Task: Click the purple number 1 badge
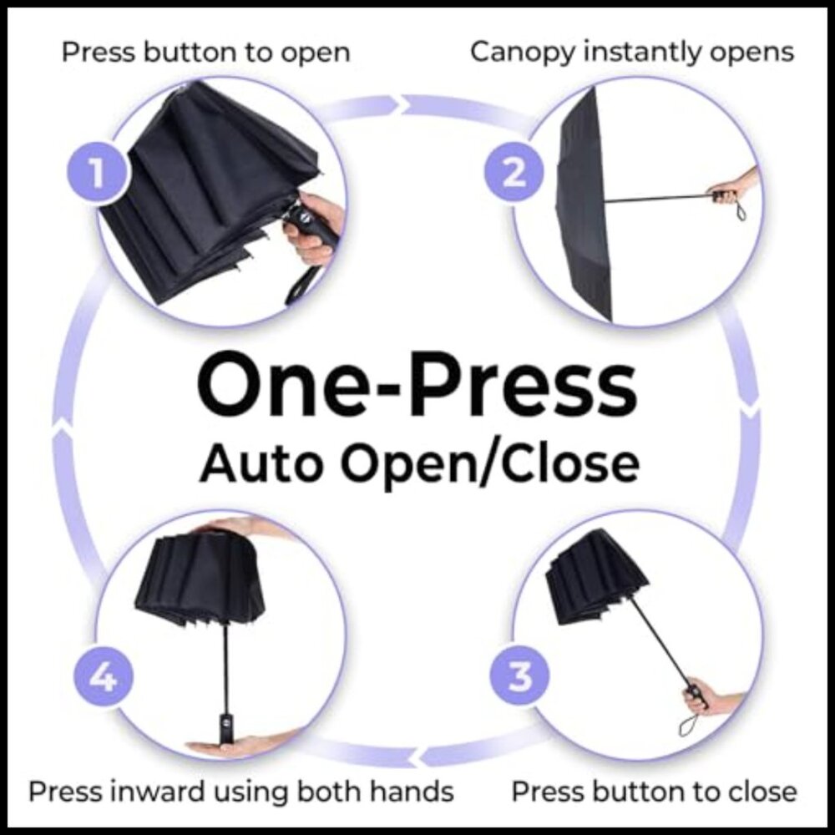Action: point(98,175)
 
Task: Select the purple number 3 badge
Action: point(519,676)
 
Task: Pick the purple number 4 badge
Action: point(103,676)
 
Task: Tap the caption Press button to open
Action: point(205,53)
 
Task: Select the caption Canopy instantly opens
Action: point(631,52)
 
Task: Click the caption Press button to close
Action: point(654,790)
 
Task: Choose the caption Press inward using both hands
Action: point(241,791)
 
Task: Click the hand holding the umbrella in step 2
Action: point(735,190)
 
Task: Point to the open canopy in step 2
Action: point(584,200)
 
